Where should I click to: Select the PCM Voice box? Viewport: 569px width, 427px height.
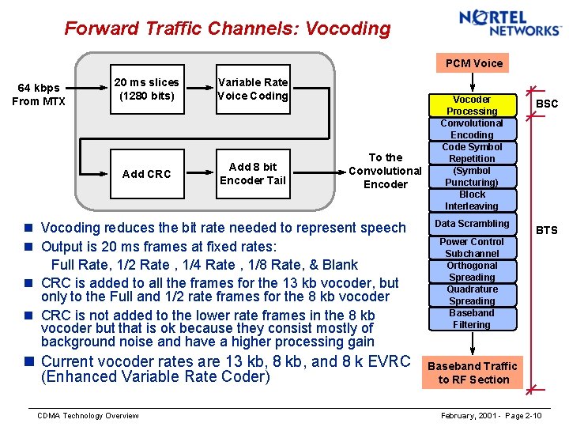pos(473,63)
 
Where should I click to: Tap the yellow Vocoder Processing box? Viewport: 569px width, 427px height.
pos(472,105)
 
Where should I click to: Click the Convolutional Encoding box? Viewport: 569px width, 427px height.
pos(472,129)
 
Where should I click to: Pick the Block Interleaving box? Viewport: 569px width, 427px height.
pos(472,200)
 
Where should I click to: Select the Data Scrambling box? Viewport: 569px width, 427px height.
pos(472,224)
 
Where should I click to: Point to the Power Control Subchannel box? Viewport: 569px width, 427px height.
pos(472,248)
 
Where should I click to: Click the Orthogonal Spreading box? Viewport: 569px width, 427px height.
pos(472,271)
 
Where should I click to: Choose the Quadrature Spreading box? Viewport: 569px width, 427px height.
pos(472,295)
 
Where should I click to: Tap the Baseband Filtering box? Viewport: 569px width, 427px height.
pos(472,319)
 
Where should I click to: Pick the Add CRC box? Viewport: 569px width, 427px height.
pos(147,174)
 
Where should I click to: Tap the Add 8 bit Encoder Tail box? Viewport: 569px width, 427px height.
pos(253,173)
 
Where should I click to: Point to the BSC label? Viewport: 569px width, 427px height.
pos(547,104)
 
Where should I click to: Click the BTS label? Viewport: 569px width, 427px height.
pos(547,230)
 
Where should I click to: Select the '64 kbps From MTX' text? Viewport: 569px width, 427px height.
pos(39,95)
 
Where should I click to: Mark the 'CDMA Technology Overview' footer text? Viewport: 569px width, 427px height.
pos(89,416)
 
